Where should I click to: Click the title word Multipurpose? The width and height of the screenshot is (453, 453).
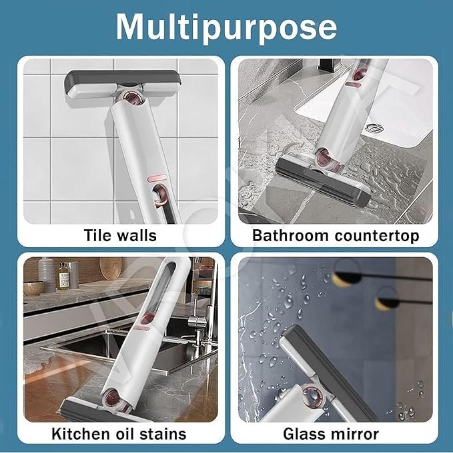[226, 27]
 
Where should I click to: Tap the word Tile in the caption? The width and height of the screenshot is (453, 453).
[98, 235]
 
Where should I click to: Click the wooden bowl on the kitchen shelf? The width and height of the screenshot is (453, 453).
[33, 288]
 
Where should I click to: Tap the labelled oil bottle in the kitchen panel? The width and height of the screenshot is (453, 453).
[63, 276]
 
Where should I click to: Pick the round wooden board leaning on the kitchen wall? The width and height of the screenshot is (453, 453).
[110, 268]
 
